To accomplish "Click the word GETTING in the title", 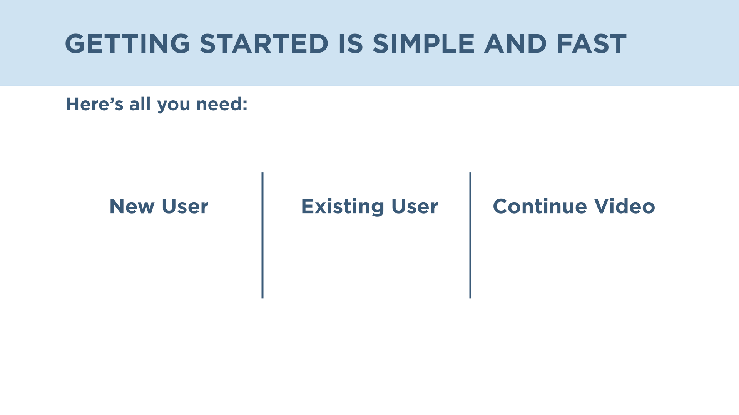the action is coord(127,43).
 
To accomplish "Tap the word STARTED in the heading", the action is coord(264,43).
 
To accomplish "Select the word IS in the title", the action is coord(351,43).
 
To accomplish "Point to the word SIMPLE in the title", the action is coord(424,43).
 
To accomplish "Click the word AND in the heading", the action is coord(515,43).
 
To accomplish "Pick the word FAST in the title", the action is coord(592,43).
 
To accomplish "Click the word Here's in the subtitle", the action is coord(95,104).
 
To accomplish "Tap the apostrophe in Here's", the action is coord(111,100).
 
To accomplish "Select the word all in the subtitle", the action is coord(140,104).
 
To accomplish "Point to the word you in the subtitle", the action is coord(174,106).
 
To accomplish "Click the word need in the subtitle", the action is coord(218,104).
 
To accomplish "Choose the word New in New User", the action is coord(132,206).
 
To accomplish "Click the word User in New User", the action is coord(185,206).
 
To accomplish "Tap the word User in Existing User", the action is coord(415,206).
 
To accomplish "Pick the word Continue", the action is coord(540,206).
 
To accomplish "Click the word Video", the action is coord(625,206).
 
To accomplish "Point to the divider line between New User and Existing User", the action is coord(262,235).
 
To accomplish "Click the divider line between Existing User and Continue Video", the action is coord(470,235).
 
